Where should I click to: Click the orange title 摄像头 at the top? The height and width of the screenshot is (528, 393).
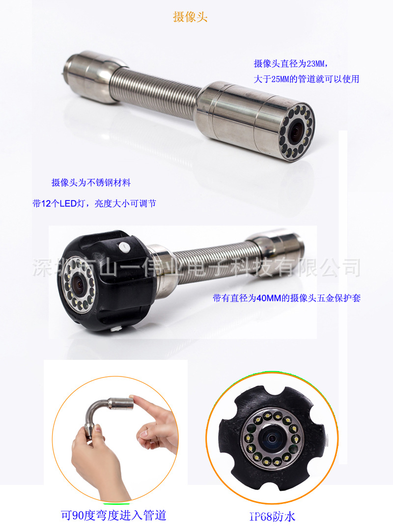tap(191, 17)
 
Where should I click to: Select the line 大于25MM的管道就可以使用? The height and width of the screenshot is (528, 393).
tap(306, 78)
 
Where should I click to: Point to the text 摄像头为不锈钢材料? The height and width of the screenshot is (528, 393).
tap(91, 183)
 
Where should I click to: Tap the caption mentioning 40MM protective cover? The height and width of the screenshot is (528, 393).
tap(286, 298)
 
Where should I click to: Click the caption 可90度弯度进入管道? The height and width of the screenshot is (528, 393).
tap(113, 515)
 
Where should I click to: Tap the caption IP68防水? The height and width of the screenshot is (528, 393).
tap(272, 516)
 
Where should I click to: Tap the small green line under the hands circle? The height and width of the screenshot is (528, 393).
tap(116, 503)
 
